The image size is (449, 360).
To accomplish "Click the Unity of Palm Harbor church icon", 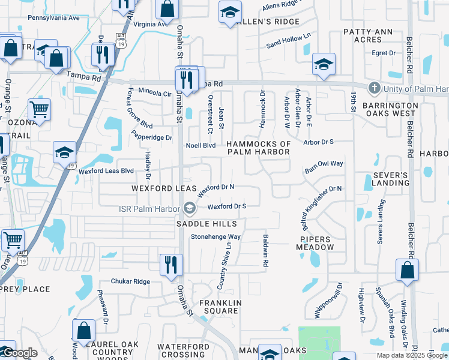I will (x=374, y=89).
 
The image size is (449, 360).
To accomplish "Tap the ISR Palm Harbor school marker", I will (x=190, y=208).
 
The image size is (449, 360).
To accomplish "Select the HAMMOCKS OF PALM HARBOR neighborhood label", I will (x=258, y=148).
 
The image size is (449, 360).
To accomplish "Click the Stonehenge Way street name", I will (x=215, y=236).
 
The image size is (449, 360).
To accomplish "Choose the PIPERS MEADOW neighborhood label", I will (x=315, y=243).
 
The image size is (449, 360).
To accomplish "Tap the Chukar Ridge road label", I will (x=130, y=281).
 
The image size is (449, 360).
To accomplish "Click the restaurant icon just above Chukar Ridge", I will (x=171, y=263).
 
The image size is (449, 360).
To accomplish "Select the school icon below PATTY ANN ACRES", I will (x=324, y=65).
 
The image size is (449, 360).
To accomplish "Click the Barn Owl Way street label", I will (x=324, y=163).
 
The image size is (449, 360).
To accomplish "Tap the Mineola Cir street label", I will (x=155, y=94).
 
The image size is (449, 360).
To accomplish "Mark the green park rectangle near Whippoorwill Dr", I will (x=319, y=342).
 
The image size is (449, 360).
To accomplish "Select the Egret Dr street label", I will (x=384, y=53).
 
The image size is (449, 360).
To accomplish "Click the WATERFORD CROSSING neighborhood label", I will (x=183, y=351).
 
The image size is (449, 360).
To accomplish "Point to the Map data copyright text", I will (x=412, y=355).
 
